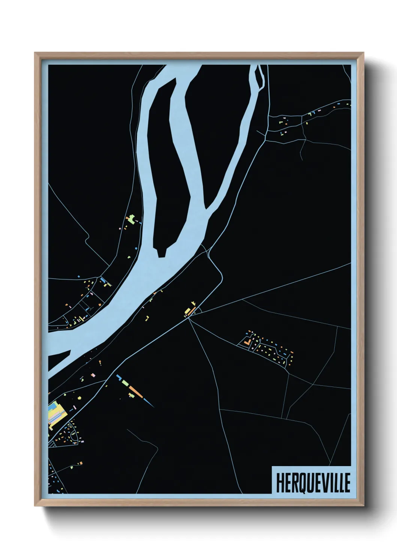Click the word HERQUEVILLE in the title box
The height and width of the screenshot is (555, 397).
click(x=313, y=482)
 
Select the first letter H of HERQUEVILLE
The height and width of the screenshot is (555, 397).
click(x=280, y=482)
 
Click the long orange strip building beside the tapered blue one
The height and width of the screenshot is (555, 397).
click(x=136, y=390)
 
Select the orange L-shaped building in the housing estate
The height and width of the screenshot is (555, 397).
click(x=247, y=342)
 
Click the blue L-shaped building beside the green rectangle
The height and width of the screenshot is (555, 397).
click(x=119, y=377)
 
